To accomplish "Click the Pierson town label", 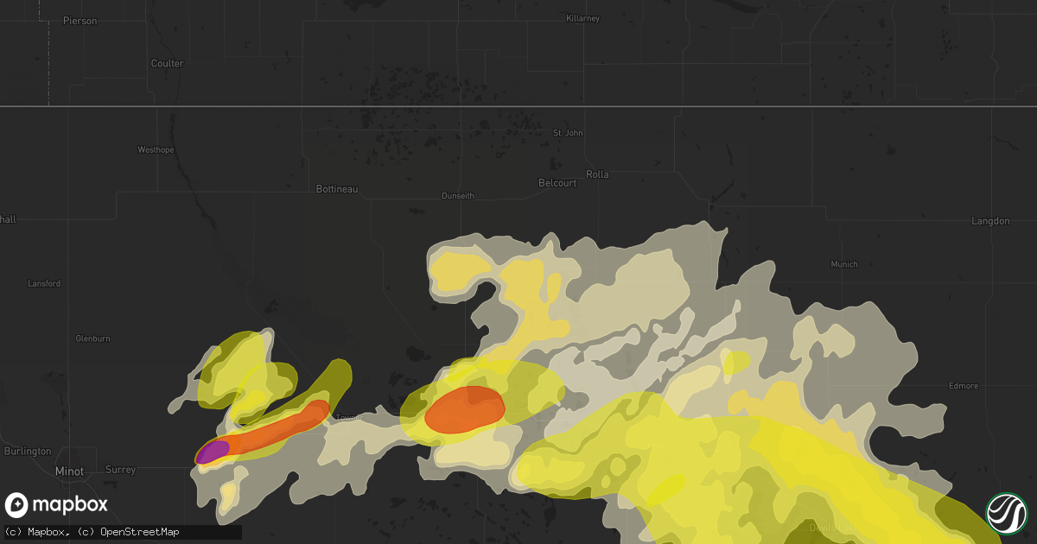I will coord(80,20).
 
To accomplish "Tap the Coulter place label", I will coord(167,63).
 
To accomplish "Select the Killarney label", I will coord(582,18).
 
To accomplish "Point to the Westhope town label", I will coord(156,149).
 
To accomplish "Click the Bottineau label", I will coord(337,188).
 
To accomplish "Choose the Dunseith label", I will coord(458,196).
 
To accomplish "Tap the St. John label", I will coord(568,133).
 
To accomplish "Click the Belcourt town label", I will coord(557,183).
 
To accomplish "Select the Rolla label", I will coord(597,174).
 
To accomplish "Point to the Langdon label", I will coord(990,221).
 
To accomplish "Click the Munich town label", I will coord(844,264).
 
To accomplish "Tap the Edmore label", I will coord(963,385).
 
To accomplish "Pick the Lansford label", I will coord(43,283).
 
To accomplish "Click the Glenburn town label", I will coord(92,338).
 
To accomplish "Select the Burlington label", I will coord(27,451).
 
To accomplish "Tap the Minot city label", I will coord(69,471).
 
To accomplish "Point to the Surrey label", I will coord(121,470).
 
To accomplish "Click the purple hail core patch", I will coord(212,452).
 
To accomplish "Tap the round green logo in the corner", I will coord(1006,513).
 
